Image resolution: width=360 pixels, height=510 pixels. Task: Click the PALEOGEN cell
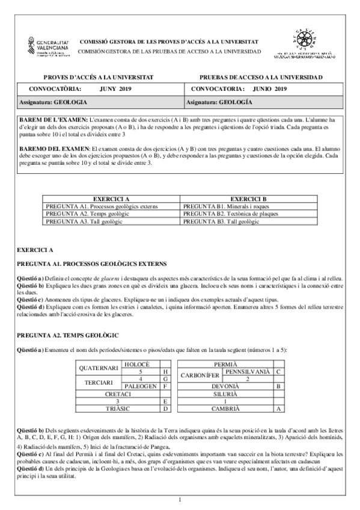pos(140,386)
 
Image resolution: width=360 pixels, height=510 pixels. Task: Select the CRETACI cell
pos(118,393)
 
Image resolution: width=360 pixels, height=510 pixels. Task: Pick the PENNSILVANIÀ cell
pos(246,372)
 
